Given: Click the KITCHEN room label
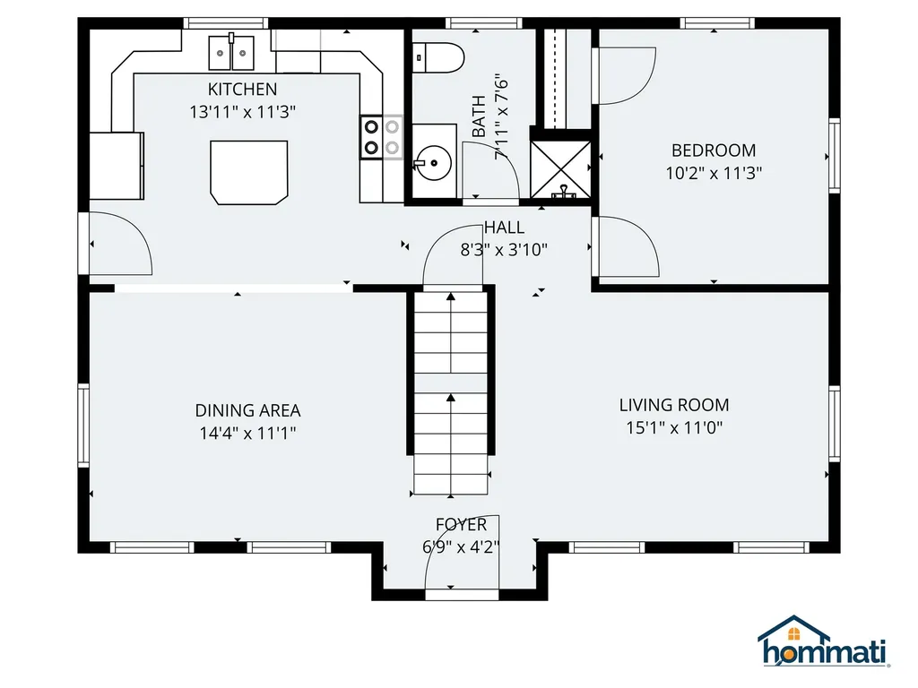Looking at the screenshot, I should coord(242,89).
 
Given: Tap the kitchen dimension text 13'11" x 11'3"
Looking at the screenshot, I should coord(242,112).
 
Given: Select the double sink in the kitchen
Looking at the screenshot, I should coord(232,52).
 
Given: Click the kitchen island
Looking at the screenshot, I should coord(249,171).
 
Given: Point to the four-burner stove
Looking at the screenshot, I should coord(381,137).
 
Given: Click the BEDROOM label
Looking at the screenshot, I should coord(714,150).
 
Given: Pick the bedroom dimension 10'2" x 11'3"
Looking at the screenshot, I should coord(714,174).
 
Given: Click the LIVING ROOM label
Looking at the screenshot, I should coord(674,405).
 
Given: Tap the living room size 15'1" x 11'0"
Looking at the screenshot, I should coord(674,428).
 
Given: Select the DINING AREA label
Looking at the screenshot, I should coord(247,410).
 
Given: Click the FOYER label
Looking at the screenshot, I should coord(461,525).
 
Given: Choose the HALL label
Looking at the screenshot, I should coord(504,228).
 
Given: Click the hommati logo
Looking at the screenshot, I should coord(823,642).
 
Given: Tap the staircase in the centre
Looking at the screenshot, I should coord(450,394).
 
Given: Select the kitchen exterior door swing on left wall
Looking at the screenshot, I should coord(119,244).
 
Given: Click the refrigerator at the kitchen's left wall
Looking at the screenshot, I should coord(117,165).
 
